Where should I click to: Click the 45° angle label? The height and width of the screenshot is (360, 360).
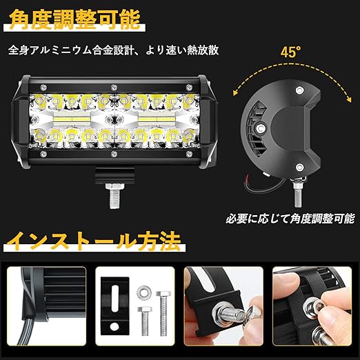click(290, 52)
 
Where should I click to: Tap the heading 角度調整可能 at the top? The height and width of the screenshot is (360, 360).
click(74, 20)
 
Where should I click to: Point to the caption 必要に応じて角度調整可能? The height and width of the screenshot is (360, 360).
click(290, 219)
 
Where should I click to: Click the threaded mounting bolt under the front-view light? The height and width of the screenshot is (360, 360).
click(114, 196)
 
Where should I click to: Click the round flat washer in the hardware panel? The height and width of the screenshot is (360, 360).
click(144, 292)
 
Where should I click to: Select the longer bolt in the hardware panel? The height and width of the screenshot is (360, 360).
click(163, 313)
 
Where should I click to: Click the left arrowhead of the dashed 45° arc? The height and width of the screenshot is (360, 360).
click(235, 92)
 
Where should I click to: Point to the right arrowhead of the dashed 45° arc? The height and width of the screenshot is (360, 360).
click(349, 99)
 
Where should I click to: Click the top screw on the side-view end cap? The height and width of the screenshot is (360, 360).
click(299, 90)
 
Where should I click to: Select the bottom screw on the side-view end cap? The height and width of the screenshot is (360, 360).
click(299, 167)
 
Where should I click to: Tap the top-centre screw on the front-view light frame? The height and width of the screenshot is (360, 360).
click(114, 88)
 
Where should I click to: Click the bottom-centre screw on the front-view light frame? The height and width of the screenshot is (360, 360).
click(114, 154)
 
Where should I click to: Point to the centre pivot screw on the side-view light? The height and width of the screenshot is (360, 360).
click(261, 128)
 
